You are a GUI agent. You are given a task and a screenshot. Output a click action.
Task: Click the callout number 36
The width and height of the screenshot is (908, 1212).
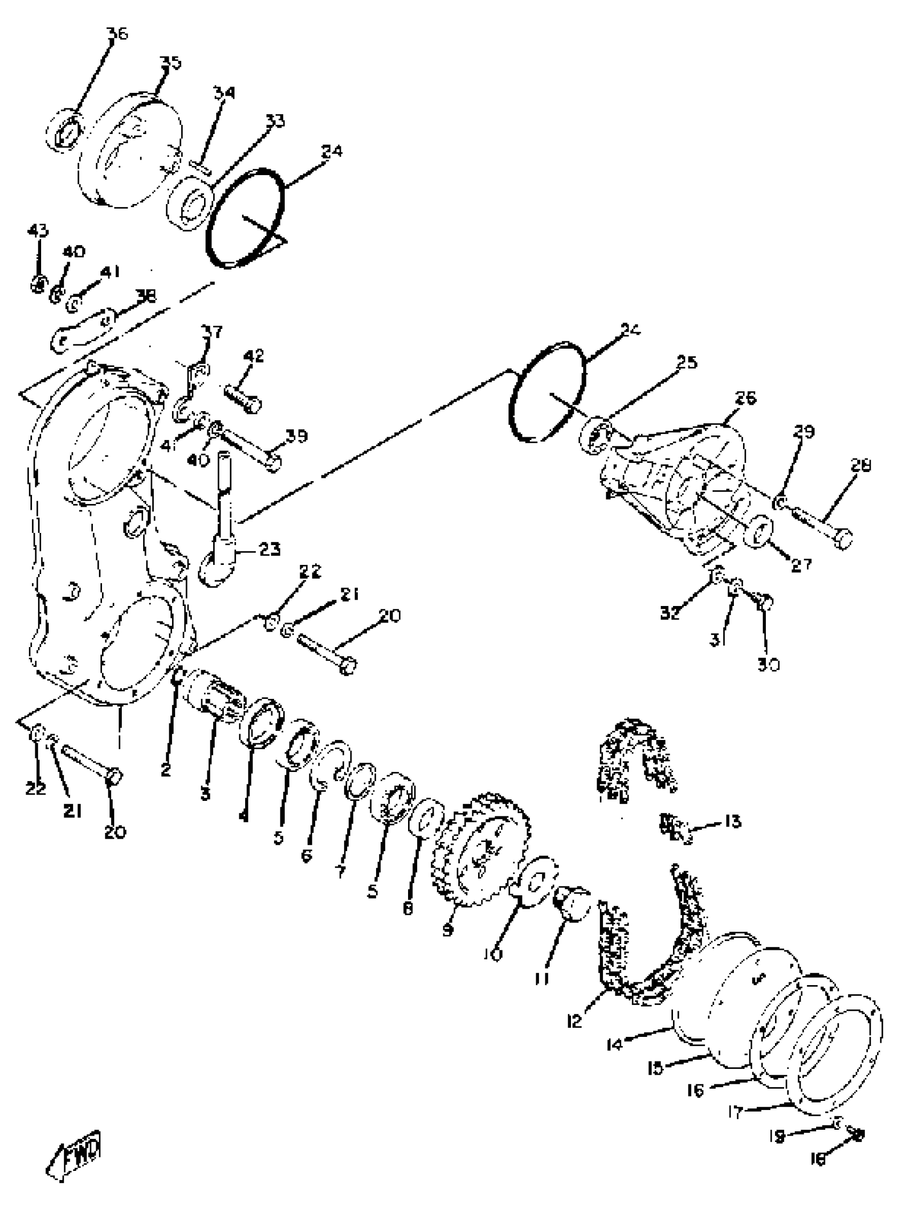[x=117, y=34]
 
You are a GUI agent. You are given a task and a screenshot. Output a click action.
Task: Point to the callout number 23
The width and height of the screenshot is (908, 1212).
[x=269, y=548]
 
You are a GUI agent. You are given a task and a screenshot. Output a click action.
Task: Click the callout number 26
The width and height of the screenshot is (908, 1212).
[x=745, y=398]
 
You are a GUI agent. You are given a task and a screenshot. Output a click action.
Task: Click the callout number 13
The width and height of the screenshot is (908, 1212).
[x=732, y=821]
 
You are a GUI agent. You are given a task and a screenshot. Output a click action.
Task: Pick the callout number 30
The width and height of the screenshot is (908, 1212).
[x=768, y=665]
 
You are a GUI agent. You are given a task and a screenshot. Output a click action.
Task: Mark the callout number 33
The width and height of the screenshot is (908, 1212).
[x=275, y=121]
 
